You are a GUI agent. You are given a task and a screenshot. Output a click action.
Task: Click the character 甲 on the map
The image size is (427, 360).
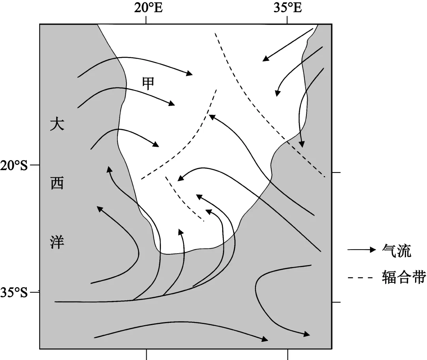click(148, 83)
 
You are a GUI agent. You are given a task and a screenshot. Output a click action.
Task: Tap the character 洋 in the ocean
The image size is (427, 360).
click(57, 242)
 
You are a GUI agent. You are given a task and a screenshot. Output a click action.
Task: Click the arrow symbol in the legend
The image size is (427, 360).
click(361, 250)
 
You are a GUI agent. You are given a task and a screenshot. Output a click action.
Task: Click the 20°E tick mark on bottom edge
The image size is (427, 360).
click(147, 354)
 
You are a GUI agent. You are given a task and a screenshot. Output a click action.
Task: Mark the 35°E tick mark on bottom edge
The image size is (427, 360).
click(287, 354)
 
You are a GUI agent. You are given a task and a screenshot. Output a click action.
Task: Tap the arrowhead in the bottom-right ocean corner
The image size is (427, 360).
click(306, 334)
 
